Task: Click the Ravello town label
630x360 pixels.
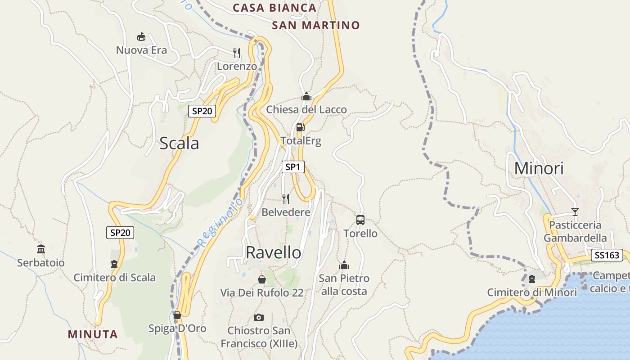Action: pyautogui.click(x=274, y=252)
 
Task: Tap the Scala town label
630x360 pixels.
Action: pyautogui.click(x=179, y=143)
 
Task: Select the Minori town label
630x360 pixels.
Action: pyautogui.click(x=539, y=168)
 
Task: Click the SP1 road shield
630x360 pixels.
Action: pyautogui.click(x=292, y=167)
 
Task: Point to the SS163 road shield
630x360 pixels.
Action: pyautogui.click(x=607, y=255)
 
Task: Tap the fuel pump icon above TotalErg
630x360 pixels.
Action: pyautogui.click(x=301, y=127)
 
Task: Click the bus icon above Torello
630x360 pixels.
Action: pyautogui.click(x=360, y=220)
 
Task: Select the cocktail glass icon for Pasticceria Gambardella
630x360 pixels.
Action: pyautogui.click(x=575, y=211)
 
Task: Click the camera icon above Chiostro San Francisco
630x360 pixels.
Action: pyautogui.click(x=259, y=317)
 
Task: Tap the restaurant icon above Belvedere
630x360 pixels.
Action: pyautogui.click(x=286, y=198)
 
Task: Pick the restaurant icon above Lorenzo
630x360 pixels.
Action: pyautogui.click(x=237, y=53)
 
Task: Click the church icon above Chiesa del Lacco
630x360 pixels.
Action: pyautogui.click(x=306, y=96)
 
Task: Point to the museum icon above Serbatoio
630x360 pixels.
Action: pyautogui.click(x=41, y=249)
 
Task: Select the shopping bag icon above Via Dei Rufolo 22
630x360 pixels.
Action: pyautogui.click(x=261, y=279)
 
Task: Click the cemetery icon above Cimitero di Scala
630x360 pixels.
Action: pyautogui.click(x=114, y=264)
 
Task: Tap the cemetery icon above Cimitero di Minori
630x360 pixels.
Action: pyautogui.click(x=532, y=279)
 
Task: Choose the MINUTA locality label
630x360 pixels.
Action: pyautogui.click(x=93, y=334)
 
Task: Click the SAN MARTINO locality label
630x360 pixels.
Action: pyautogui.click(x=316, y=25)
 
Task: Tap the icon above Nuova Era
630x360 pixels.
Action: pyautogui.click(x=141, y=37)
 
